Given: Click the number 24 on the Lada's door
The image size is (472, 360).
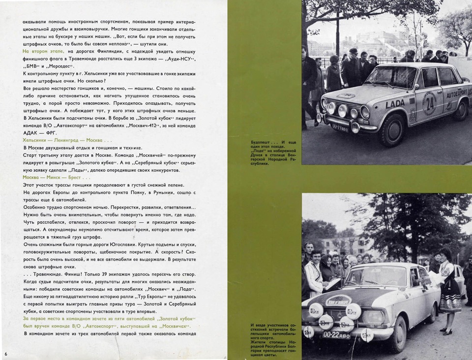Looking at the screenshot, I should (x=430, y=102).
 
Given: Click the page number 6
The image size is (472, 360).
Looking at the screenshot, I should (x=6, y=355).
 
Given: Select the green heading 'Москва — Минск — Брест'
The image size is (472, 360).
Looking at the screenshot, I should (x=56, y=177).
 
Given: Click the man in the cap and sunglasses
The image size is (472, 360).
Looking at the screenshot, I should (x=353, y=64).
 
